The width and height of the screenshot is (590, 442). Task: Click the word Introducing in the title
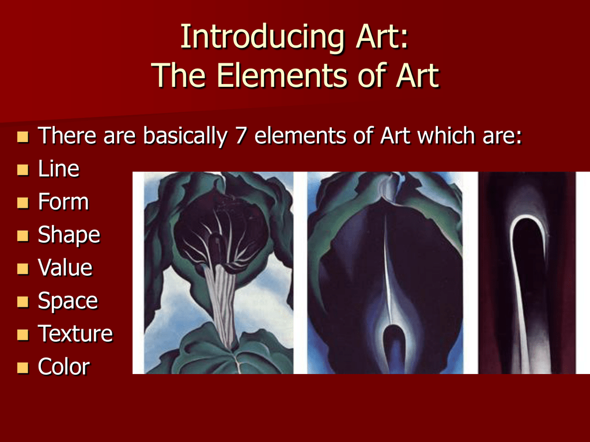click(x=262, y=37)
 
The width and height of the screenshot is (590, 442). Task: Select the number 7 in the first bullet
click(x=241, y=135)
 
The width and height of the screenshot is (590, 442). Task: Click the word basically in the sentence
click(x=185, y=136)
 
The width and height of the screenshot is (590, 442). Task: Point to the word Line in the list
click(x=59, y=169)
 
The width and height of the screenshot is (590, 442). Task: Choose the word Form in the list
click(x=63, y=201)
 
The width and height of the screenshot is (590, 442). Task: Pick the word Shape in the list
click(x=69, y=235)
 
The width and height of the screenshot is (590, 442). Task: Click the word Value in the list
click(x=65, y=268)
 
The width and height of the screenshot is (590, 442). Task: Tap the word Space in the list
click(x=68, y=302)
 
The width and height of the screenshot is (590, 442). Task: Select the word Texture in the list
click(x=75, y=334)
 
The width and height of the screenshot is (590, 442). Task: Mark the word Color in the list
click(x=63, y=367)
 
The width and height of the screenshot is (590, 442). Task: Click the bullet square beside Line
click(x=23, y=170)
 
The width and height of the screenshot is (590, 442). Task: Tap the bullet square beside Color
click(x=23, y=368)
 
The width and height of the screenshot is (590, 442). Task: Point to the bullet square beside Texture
click(x=23, y=335)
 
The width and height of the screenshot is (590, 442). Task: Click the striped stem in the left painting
click(x=222, y=304)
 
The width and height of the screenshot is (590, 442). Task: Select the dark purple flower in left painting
click(x=220, y=229)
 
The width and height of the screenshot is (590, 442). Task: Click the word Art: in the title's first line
click(x=383, y=37)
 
